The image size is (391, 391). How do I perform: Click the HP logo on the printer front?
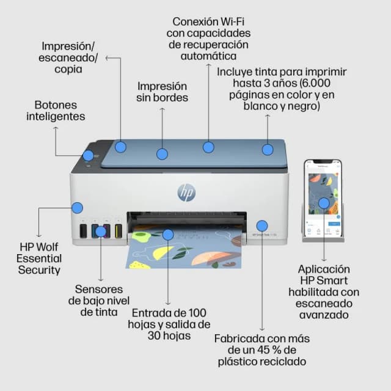tap(186, 192)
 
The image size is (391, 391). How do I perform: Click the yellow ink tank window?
tap(119, 231)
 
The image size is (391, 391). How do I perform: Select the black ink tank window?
tap(83, 231)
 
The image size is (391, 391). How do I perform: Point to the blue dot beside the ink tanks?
tap(101, 231)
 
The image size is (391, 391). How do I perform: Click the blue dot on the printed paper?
tap(168, 235)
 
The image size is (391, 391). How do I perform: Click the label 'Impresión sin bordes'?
tap(162, 92)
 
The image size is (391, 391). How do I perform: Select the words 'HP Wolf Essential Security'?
tap(40, 258)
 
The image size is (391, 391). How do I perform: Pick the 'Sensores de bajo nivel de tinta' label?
tap(99, 300)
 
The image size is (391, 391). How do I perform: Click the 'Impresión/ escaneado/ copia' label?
tap(69, 57)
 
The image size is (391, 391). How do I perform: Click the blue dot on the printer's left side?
tap(77, 208)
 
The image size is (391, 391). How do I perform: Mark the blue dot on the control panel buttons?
tap(89, 155)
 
